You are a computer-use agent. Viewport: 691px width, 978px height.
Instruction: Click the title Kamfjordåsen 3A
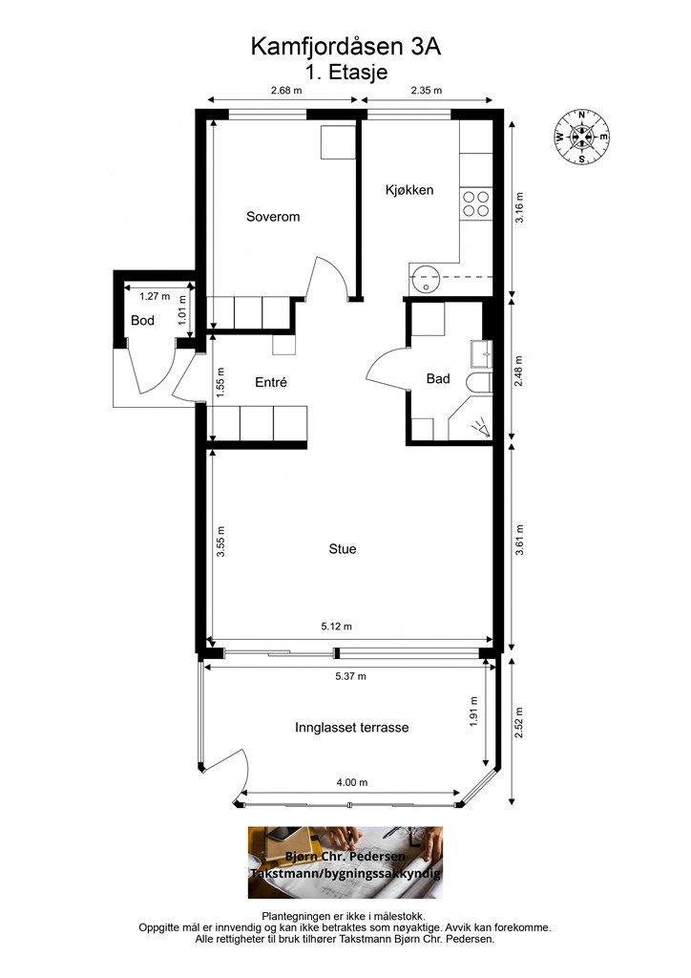click(x=345, y=45)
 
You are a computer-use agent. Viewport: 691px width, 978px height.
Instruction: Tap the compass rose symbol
click(x=581, y=138)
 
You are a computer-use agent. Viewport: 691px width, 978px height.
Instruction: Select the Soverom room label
click(x=273, y=217)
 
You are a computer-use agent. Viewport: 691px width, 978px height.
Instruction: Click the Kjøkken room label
click(x=409, y=190)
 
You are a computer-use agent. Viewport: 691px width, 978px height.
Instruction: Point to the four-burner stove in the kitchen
click(x=475, y=203)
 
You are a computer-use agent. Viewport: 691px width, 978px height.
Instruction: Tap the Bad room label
click(x=438, y=379)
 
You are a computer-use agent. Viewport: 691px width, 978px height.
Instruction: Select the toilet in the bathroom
click(x=478, y=383)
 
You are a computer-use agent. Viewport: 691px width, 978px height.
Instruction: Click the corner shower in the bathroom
click(x=475, y=424)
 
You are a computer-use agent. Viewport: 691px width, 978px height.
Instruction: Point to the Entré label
click(x=271, y=382)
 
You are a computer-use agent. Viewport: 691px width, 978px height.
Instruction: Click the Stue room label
click(x=343, y=549)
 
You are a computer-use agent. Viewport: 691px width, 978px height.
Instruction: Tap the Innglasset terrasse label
click(x=352, y=728)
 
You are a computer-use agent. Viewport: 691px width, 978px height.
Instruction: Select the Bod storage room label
click(x=142, y=321)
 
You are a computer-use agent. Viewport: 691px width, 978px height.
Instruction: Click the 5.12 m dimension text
click(x=336, y=627)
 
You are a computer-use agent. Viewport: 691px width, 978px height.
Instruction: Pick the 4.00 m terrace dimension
click(x=352, y=782)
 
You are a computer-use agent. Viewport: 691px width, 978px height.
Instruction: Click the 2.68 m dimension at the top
click(x=285, y=92)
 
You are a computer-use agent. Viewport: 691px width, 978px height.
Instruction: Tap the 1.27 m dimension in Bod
click(x=141, y=296)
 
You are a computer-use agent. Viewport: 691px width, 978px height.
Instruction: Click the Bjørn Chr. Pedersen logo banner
click(x=345, y=862)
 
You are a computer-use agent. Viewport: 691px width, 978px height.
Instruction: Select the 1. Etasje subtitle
click(x=345, y=72)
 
